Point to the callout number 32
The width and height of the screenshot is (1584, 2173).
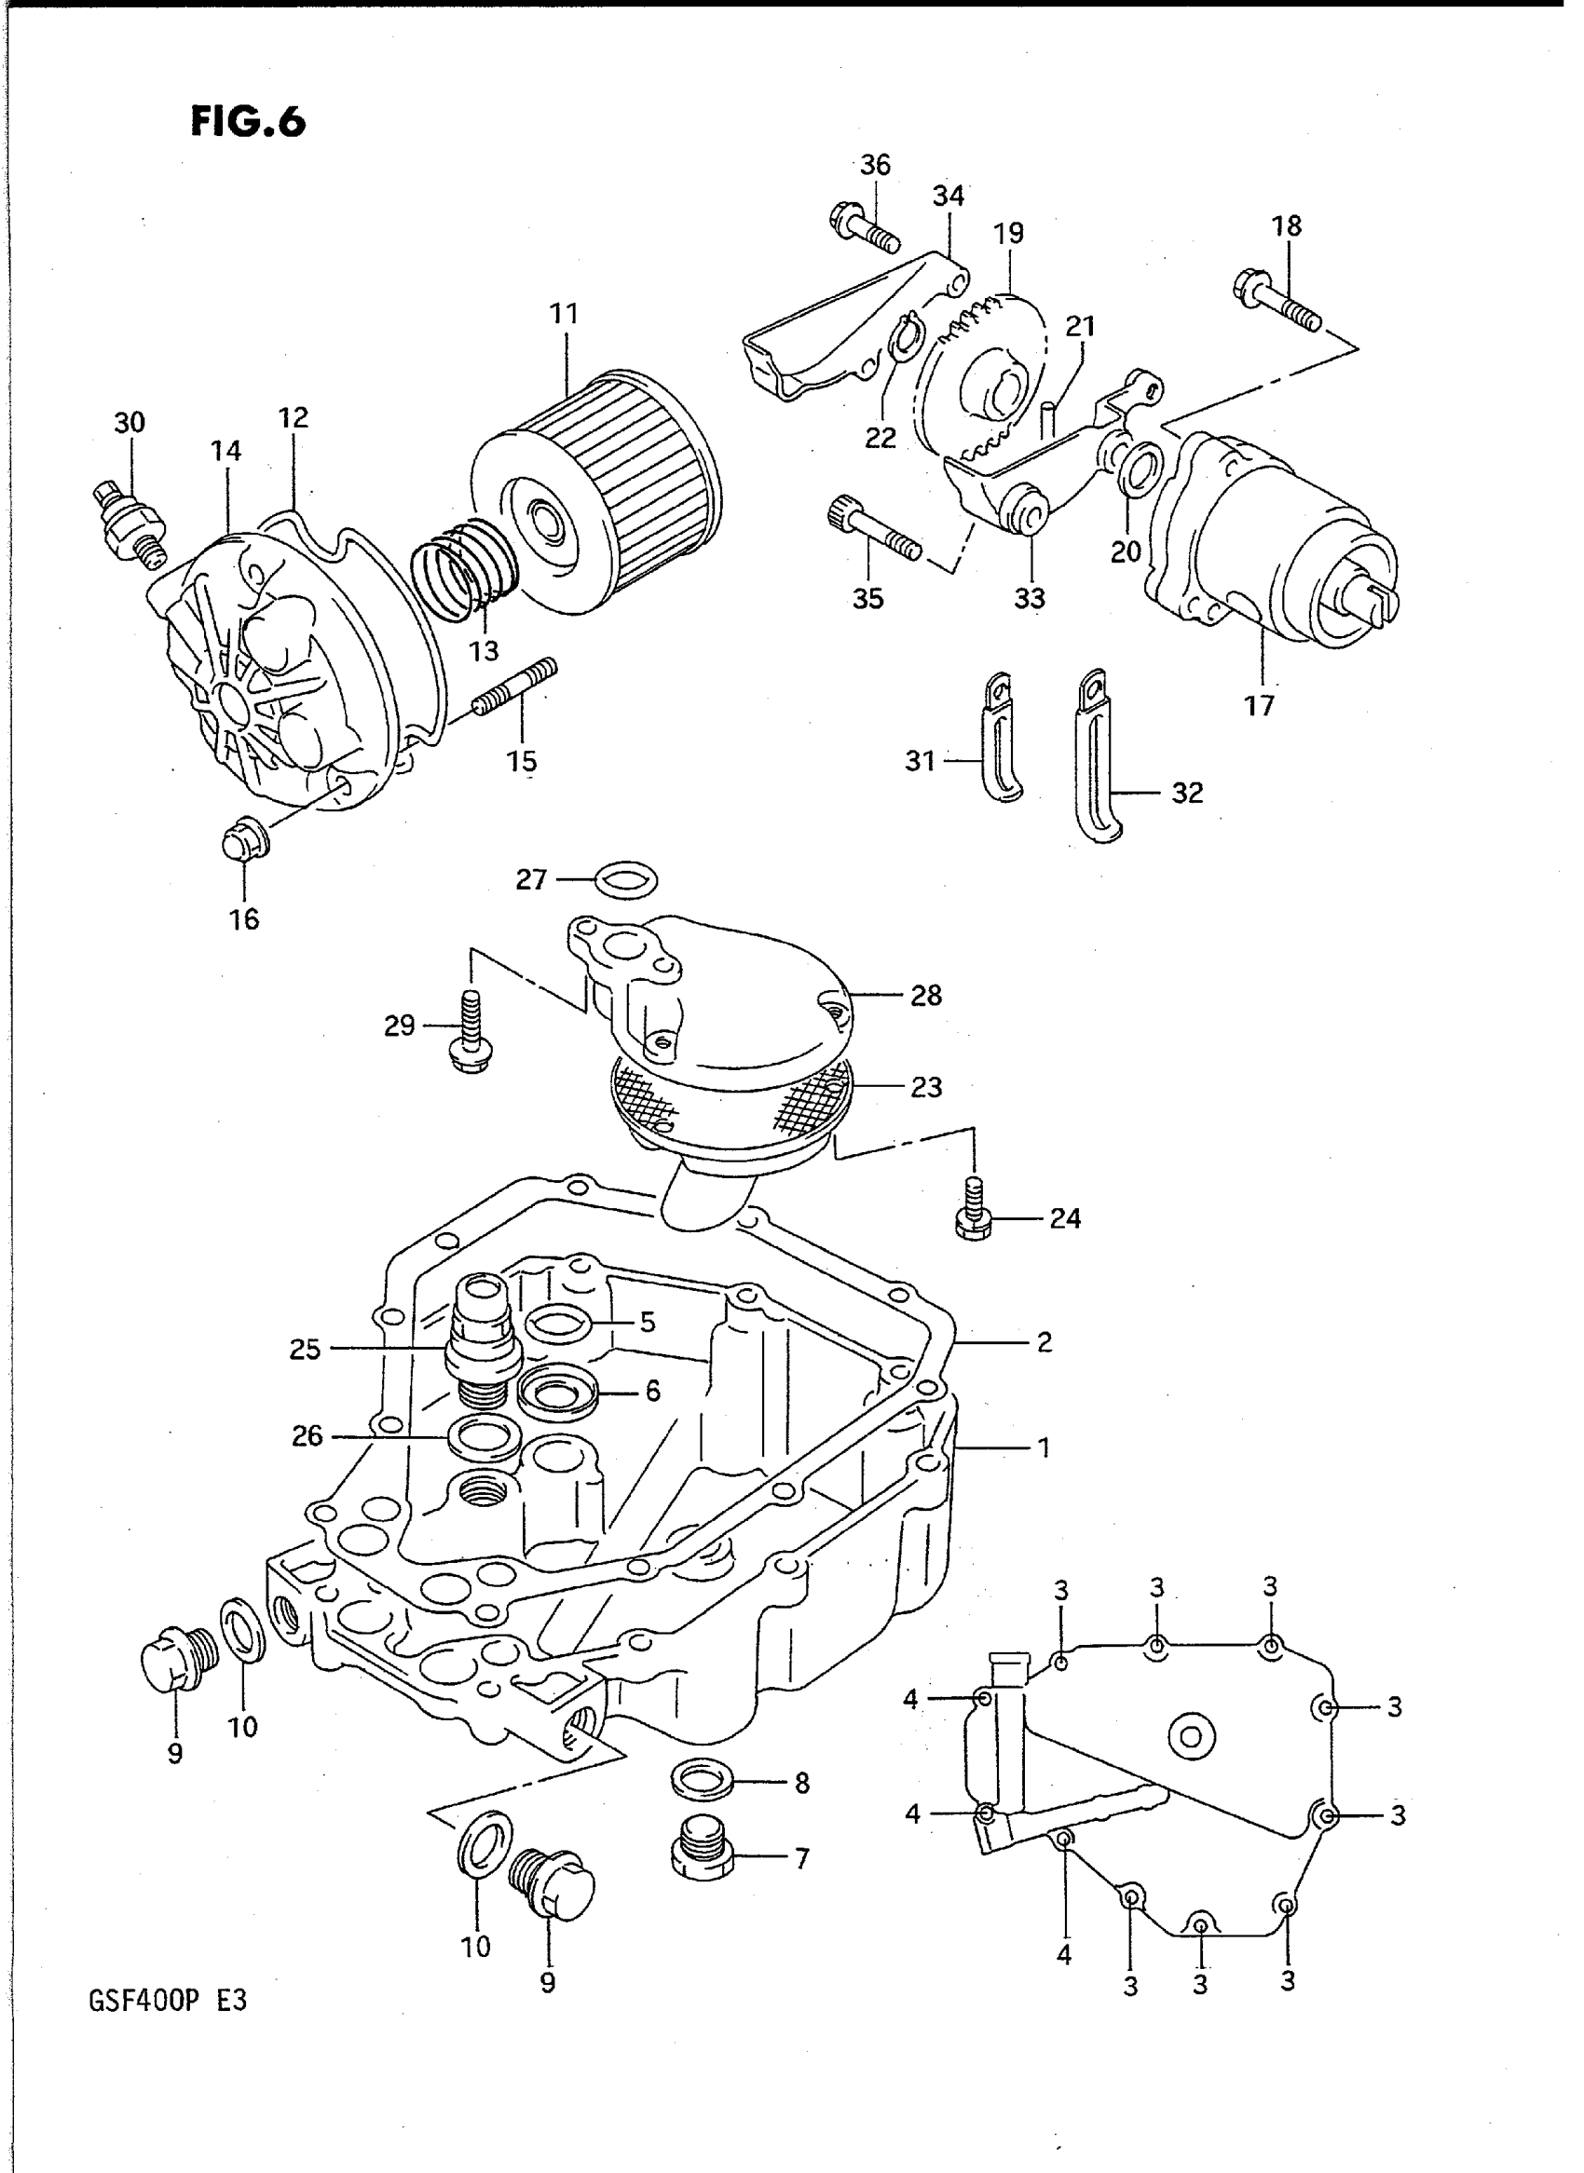click(x=1187, y=793)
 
